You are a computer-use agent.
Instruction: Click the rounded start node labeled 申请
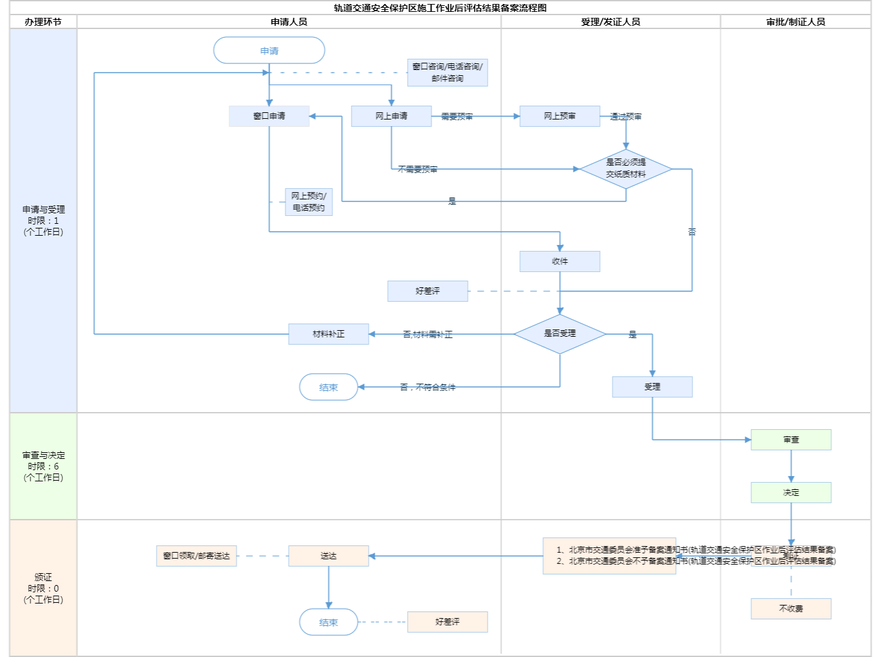(269, 51)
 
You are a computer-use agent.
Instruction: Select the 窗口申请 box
(269, 116)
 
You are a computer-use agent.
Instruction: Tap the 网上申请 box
(391, 116)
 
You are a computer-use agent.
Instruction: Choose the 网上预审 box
(560, 116)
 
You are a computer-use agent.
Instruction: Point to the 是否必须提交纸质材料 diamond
(626, 169)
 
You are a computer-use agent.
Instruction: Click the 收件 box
(560, 261)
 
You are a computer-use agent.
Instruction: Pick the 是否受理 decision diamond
(560, 334)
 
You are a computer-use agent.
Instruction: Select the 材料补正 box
(328, 334)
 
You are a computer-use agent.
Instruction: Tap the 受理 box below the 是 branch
(652, 387)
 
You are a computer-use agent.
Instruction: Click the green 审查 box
(791, 440)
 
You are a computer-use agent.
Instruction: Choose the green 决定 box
(791, 493)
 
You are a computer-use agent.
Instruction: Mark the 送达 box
(328, 556)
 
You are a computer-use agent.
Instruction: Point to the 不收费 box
(791, 609)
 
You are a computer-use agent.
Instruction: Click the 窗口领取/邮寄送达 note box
(196, 556)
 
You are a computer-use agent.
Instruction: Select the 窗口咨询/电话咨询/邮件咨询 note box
(447, 73)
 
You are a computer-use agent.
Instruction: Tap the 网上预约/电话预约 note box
(309, 202)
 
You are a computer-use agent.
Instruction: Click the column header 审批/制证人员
(796, 22)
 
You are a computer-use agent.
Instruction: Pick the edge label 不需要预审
(418, 170)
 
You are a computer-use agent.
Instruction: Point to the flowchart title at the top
(440, 8)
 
